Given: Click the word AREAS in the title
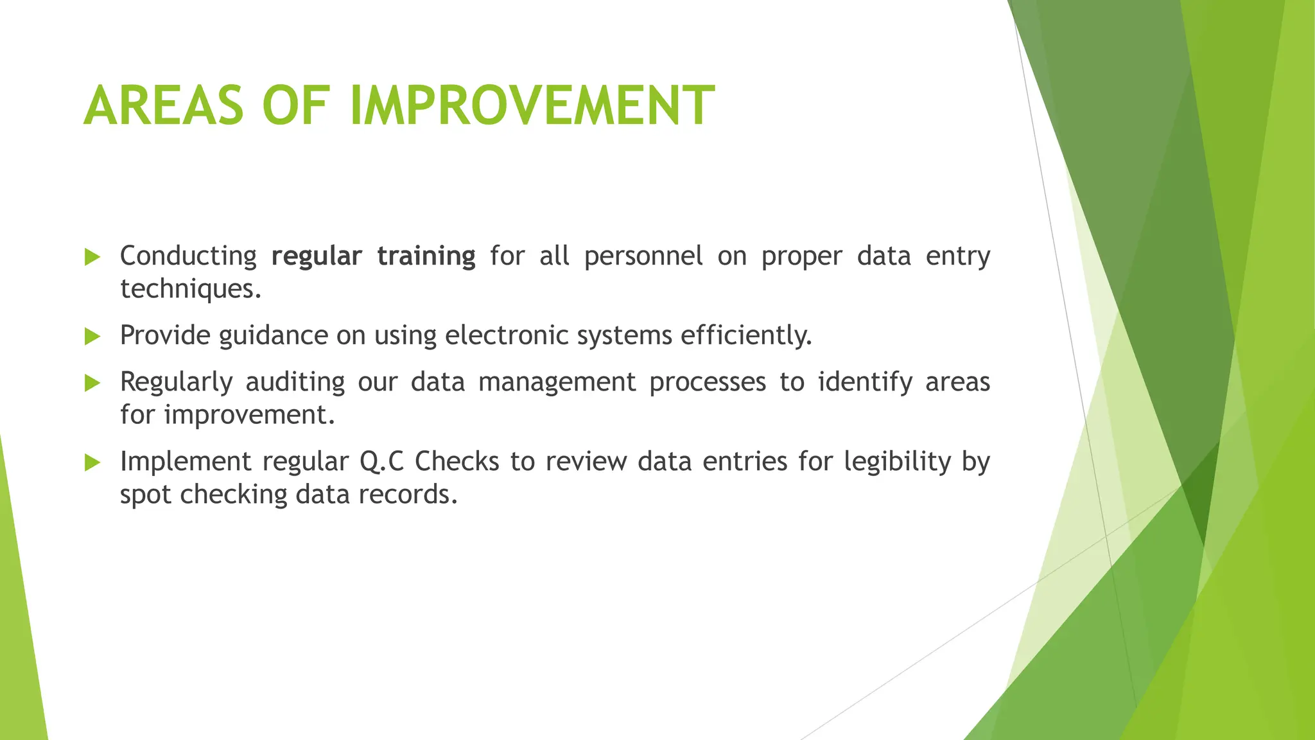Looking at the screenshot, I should tap(164, 106).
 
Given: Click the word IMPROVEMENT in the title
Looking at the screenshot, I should tap(532, 106).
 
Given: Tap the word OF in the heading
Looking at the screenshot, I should tap(296, 106).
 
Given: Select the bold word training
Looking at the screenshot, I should tap(426, 256).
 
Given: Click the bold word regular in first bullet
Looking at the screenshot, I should tap(317, 256).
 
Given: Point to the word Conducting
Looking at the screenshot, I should tap(188, 256).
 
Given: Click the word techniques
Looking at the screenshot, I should tap(190, 289).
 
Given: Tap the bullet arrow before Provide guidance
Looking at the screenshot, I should tap(92, 336).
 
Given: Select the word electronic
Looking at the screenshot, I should tap(507, 335).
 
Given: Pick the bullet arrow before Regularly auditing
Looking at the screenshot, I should tap(92, 383).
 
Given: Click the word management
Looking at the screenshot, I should tap(557, 383).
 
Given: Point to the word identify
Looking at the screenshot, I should tap(865, 383).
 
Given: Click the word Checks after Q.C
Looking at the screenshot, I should tap(457, 462).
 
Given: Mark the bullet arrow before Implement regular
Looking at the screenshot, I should tap(92, 463).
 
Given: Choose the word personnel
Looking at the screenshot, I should tap(643, 256).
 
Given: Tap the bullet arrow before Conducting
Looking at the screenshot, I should tap(92, 258).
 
